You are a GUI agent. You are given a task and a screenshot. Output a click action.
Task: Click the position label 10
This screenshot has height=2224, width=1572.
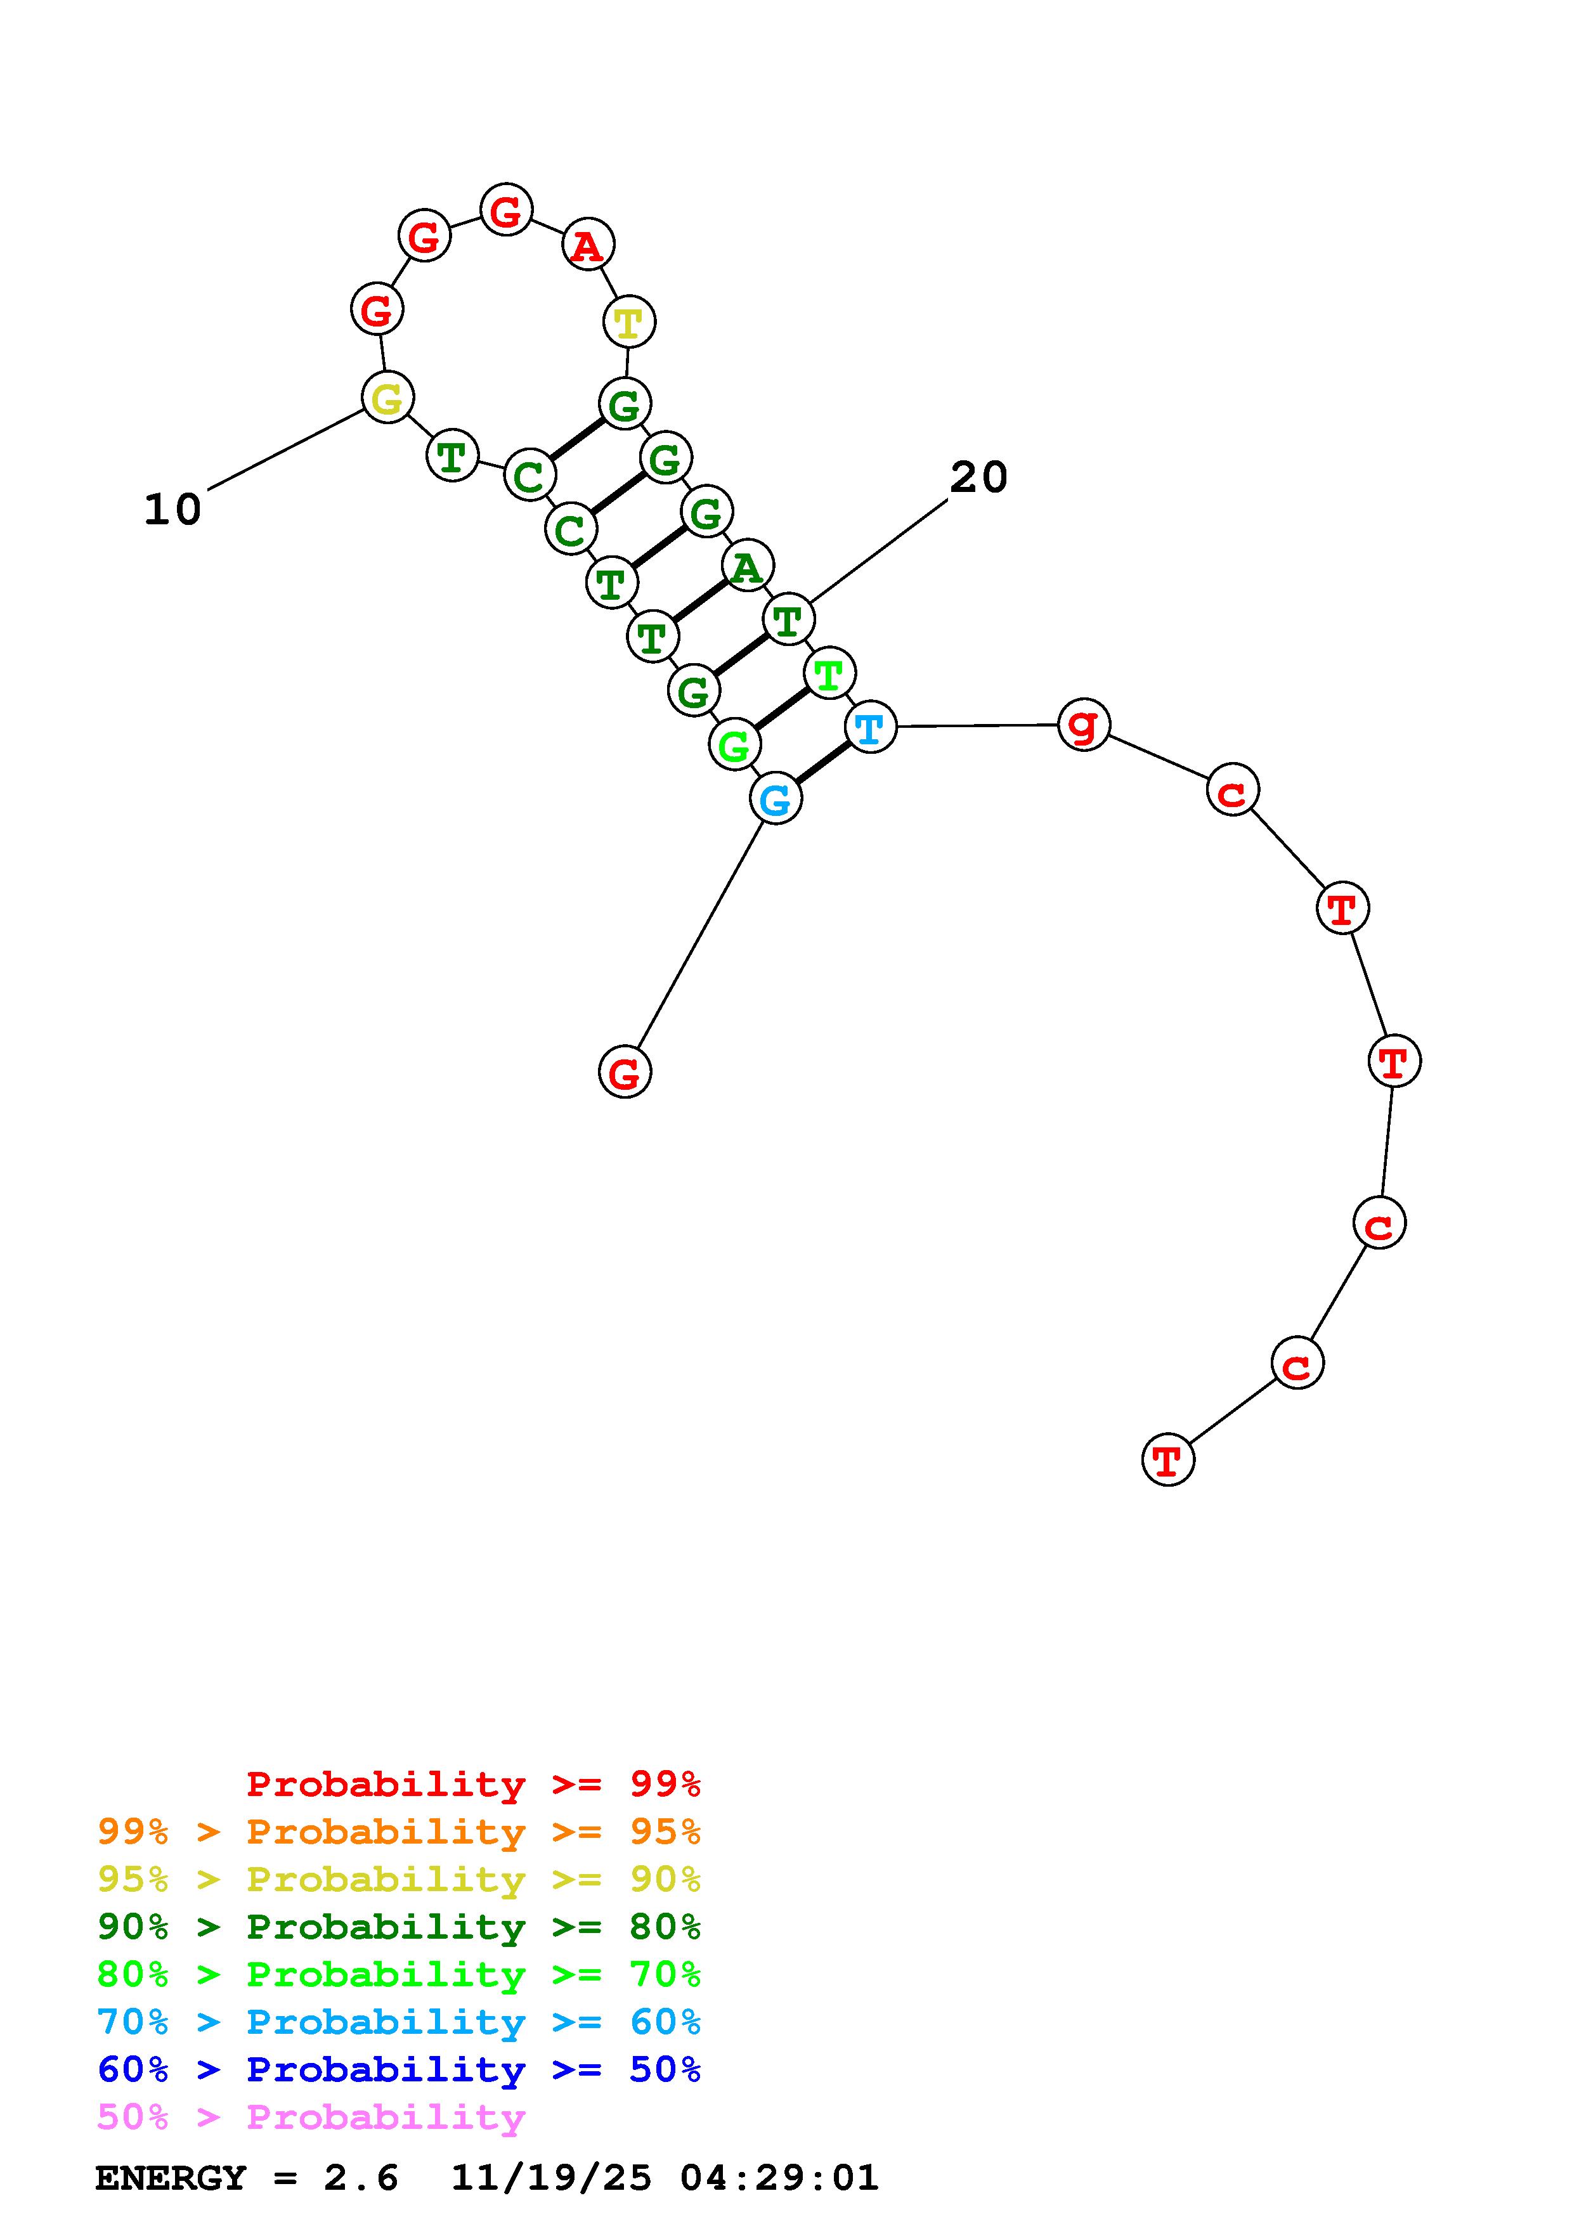click(x=172, y=510)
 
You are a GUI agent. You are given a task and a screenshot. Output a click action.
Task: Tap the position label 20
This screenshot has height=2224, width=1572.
click(x=978, y=477)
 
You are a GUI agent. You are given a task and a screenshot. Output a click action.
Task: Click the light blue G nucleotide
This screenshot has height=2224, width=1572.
click(x=776, y=799)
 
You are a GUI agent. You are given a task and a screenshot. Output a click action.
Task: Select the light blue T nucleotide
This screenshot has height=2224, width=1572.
click(x=870, y=727)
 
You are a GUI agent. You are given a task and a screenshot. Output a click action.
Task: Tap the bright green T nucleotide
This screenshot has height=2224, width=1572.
click(x=829, y=673)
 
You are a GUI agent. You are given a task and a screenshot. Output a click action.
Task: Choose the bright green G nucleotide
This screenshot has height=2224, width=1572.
click(x=734, y=745)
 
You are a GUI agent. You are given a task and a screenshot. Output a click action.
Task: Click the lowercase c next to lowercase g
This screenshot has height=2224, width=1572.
click(x=1232, y=791)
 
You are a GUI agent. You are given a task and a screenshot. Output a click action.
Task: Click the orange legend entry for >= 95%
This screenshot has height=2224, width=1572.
click(x=399, y=1832)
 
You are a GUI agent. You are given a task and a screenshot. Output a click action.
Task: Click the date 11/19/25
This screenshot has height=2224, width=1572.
click(x=551, y=2178)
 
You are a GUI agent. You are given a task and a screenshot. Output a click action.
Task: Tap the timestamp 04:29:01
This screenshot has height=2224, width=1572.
click(x=779, y=2178)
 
